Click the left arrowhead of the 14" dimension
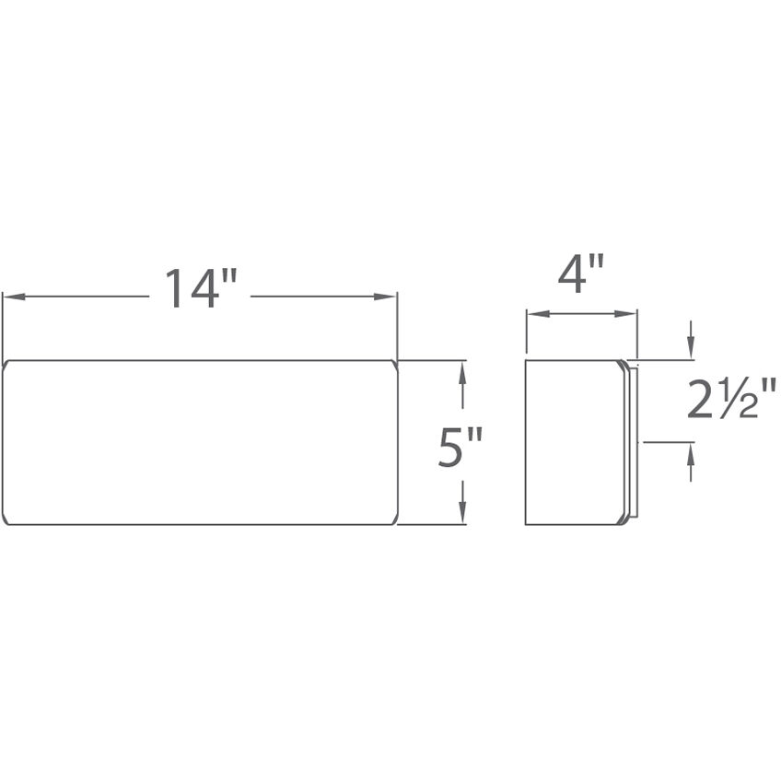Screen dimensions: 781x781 (x=11, y=297)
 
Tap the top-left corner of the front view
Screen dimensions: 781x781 (x=5, y=362)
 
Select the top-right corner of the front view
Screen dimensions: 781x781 (x=395, y=362)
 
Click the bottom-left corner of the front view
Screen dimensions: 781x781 (x=5, y=522)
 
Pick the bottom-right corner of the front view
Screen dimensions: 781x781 (x=395, y=522)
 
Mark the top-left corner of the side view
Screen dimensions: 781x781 (x=526, y=361)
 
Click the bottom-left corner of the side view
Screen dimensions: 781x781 (x=526, y=524)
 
